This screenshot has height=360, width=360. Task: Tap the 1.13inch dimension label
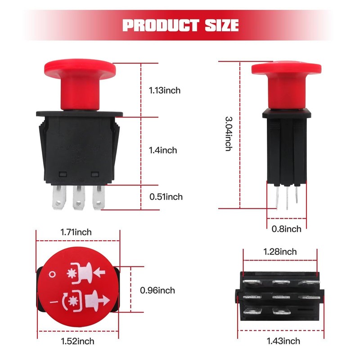(x=165, y=90)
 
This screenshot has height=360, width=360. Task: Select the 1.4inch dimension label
(x=163, y=150)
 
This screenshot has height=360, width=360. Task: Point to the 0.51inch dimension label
(x=166, y=197)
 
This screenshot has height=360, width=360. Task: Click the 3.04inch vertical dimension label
(x=228, y=134)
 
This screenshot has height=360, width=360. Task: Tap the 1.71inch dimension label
(x=76, y=232)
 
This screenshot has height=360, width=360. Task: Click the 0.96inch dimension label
(x=157, y=290)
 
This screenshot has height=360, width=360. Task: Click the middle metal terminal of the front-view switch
(x=79, y=198)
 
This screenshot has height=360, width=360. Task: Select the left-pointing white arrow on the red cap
(x=100, y=271)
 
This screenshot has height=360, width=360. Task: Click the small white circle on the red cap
(x=54, y=273)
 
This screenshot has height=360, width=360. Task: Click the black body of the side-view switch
(x=285, y=148)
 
